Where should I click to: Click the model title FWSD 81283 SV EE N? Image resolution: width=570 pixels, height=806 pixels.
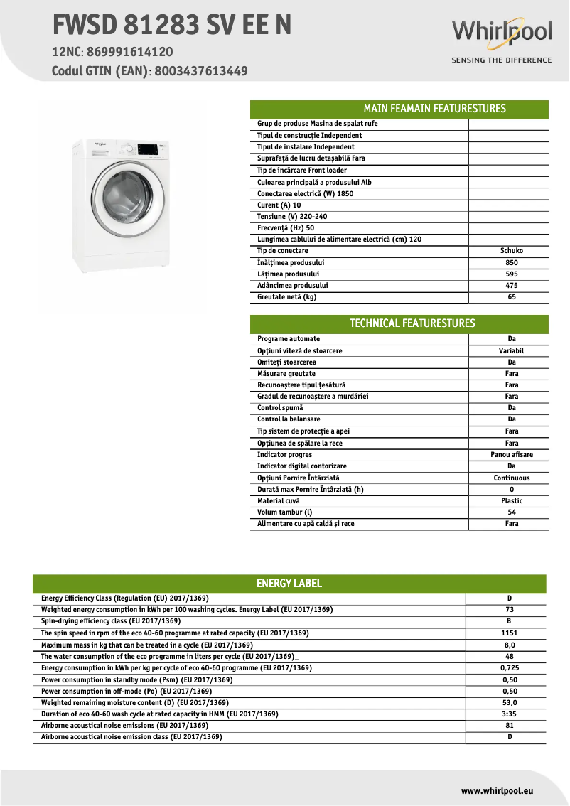tap(171, 26)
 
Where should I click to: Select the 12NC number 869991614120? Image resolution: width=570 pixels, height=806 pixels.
tap(128, 52)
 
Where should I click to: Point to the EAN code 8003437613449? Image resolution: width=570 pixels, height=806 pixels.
tap(201, 71)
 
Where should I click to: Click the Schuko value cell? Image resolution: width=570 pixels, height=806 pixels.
tap(512, 251)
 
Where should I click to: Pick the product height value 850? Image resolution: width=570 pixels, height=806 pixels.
tap(512, 262)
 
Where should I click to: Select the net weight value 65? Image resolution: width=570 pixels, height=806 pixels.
tap(512, 297)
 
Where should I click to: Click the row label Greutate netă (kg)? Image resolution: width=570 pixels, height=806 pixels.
tap(286, 297)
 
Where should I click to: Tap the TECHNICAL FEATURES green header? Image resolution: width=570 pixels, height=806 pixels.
tap(412, 323)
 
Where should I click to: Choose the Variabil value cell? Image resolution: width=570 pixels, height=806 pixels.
tap(512, 351)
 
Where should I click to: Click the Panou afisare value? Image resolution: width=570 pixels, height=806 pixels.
tap(512, 455)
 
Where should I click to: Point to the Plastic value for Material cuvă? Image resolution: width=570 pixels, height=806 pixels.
tap(512, 501)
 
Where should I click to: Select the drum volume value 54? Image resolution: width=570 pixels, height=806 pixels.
tap(512, 512)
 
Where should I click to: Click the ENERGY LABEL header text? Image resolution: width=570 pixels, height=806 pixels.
tap(289, 584)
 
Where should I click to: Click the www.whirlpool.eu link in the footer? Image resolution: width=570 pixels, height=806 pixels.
tap(497, 790)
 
